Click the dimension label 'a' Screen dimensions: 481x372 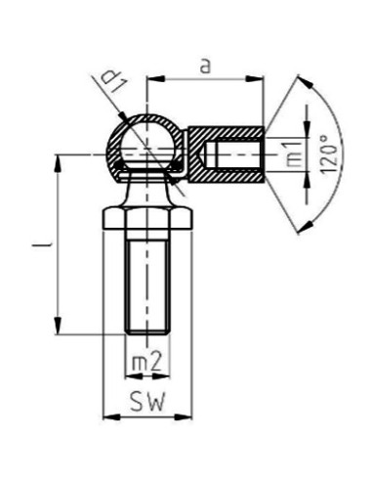click(x=203, y=66)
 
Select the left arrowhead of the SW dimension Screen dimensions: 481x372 click(x=108, y=417)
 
